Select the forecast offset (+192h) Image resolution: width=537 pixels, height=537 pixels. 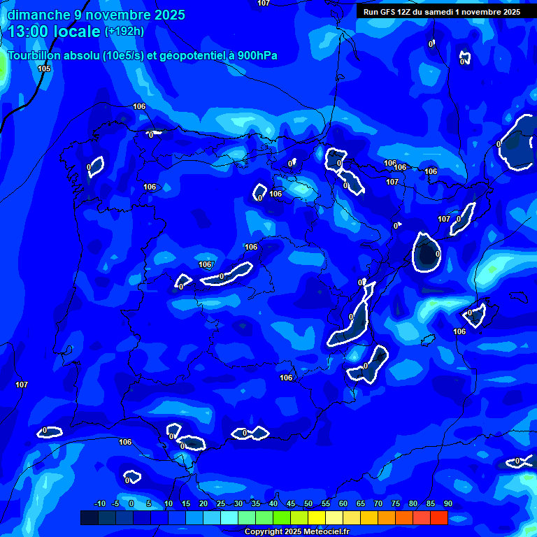(x=124, y=31)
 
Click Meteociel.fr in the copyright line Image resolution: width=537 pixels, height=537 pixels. (x=326, y=532)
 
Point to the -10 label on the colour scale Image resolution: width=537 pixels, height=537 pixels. (x=99, y=503)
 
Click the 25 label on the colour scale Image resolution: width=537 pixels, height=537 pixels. (x=221, y=503)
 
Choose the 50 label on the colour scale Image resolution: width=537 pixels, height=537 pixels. (x=308, y=503)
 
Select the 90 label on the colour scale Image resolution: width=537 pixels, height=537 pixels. (x=447, y=503)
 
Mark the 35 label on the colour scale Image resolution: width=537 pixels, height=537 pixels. (x=256, y=503)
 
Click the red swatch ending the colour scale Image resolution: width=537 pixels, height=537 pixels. (x=438, y=517)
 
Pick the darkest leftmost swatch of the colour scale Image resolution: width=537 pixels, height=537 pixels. (x=89, y=517)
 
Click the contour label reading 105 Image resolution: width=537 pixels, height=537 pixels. (x=44, y=69)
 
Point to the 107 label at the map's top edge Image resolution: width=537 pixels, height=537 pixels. (x=263, y=3)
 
